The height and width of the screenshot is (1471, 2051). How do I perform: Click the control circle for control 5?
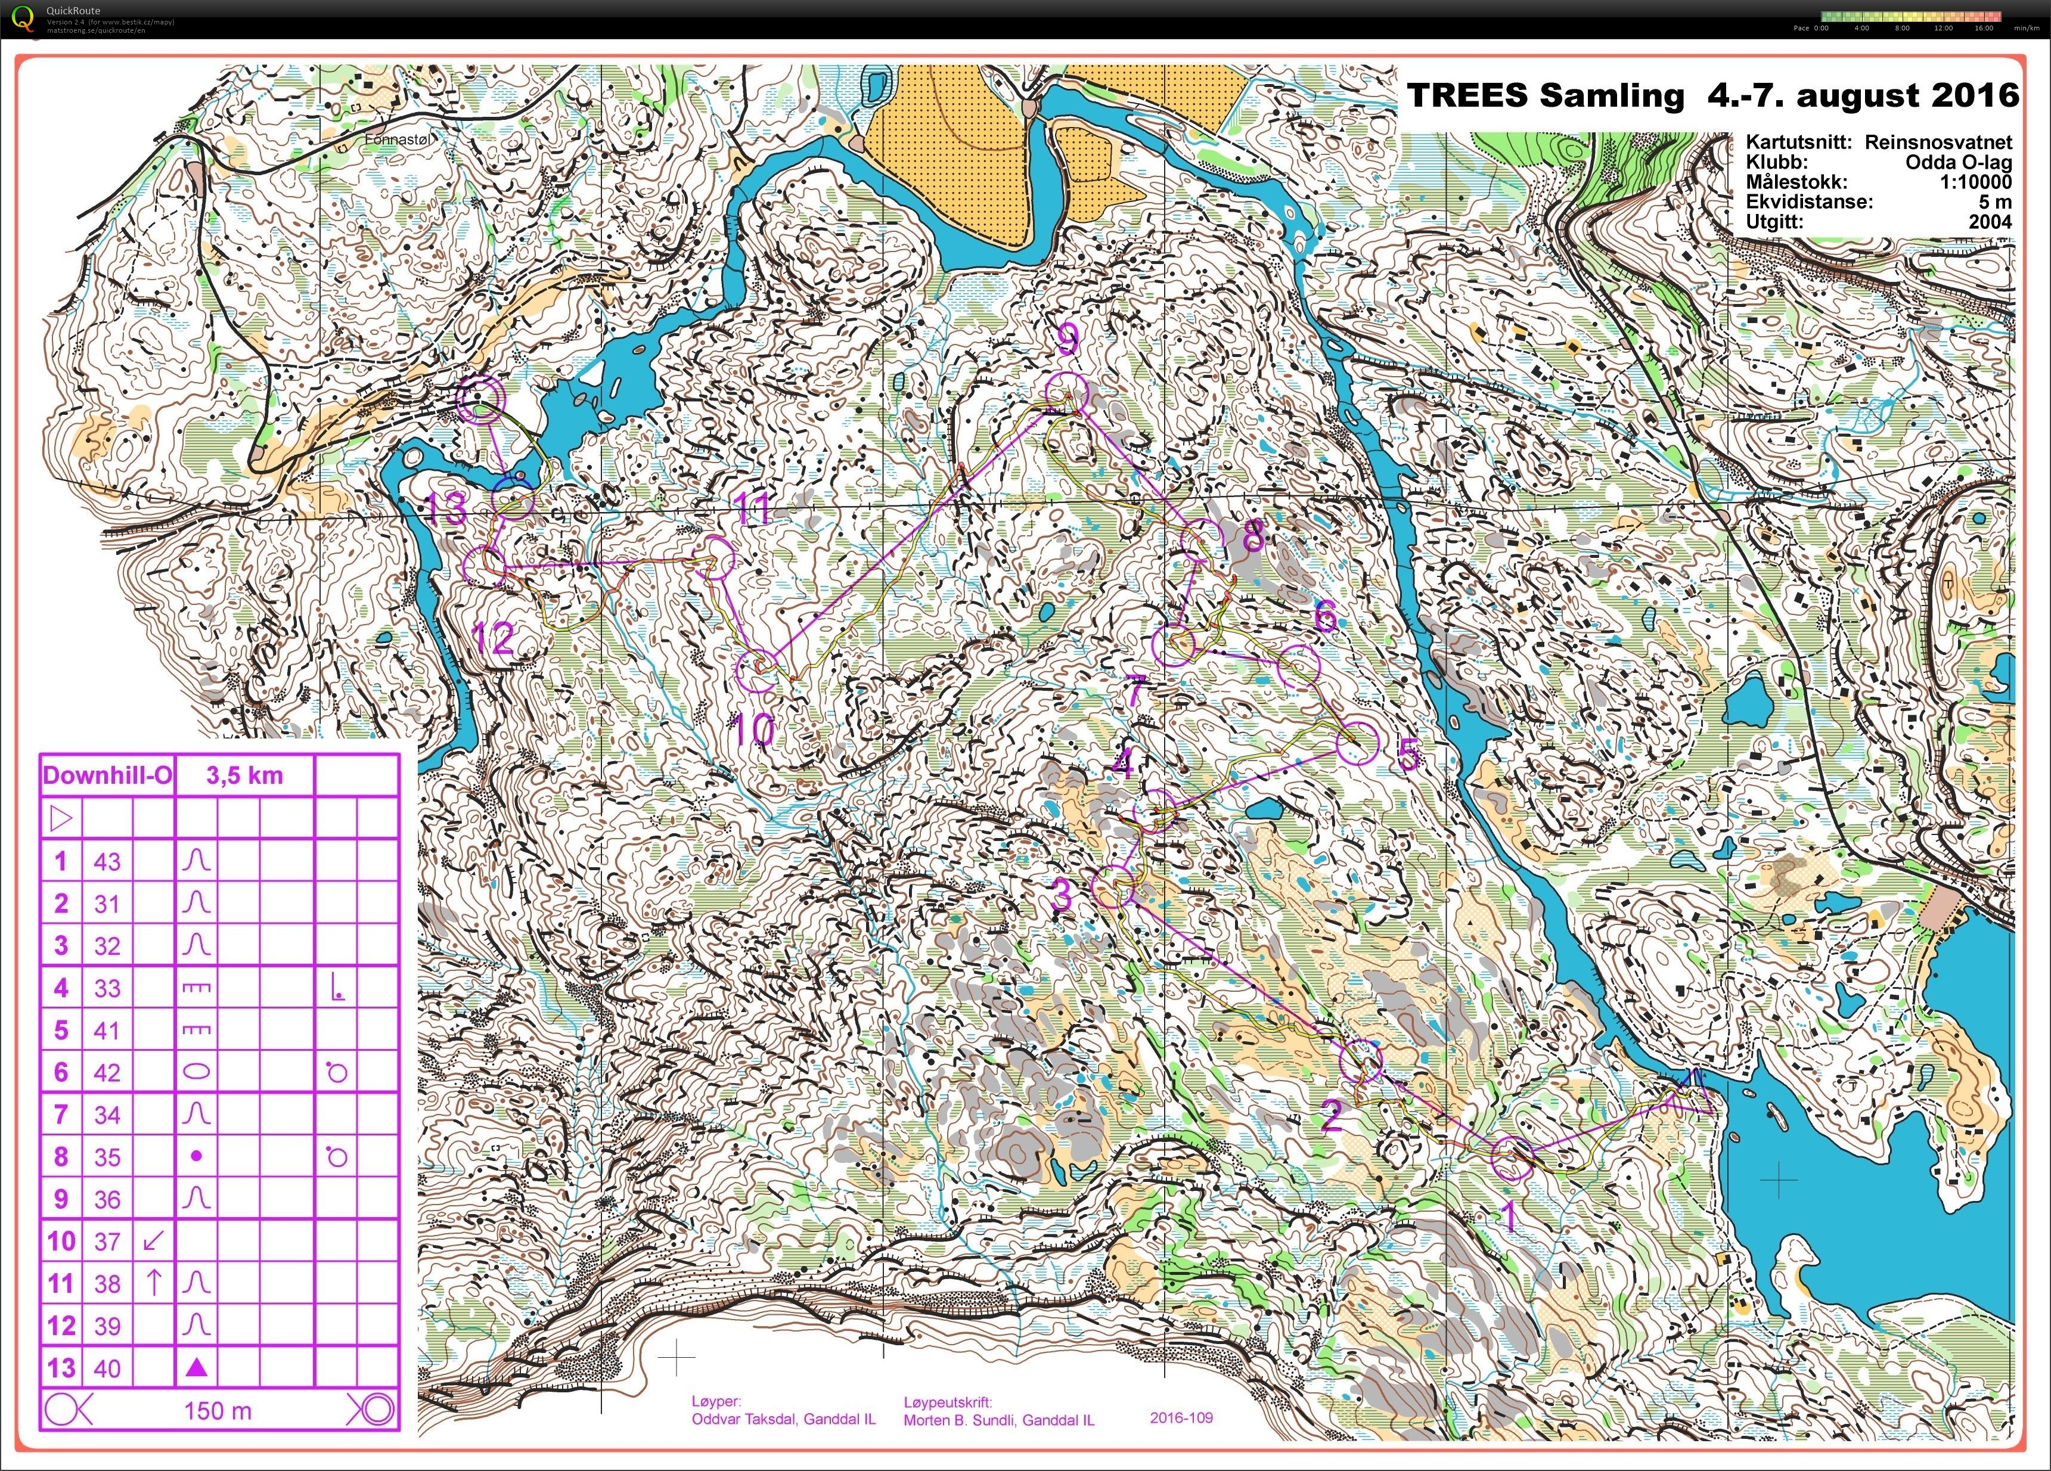[1357, 741]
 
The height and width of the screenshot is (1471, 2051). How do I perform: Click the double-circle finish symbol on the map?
[479, 399]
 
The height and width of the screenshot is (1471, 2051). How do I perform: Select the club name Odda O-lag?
[1959, 162]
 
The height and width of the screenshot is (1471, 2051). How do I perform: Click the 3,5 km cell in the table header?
[244, 776]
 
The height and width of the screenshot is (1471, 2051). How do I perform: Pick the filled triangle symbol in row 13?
[196, 1367]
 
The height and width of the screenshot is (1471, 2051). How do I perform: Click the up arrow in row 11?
[154, 1282]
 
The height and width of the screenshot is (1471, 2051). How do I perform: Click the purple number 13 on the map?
[446, 509]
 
